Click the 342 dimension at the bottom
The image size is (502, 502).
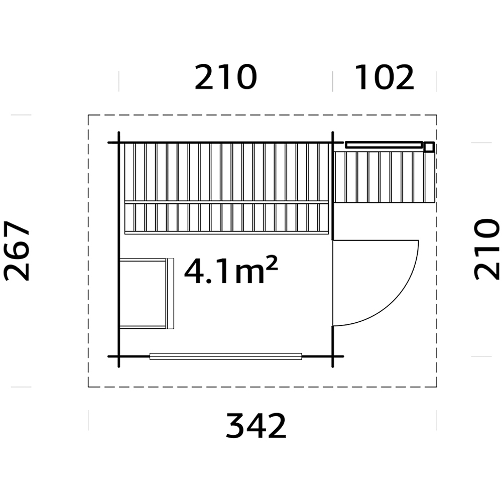click(256, 426)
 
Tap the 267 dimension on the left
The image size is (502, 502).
click(17, 250)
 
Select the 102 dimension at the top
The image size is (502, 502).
click(384, 77)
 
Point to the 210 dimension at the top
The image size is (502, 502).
click(226, 77)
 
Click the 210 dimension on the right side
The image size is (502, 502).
click(486, 249)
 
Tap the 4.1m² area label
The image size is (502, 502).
click(231, 270)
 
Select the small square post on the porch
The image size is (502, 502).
click(429, 147)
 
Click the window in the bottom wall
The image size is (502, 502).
click(226, 356)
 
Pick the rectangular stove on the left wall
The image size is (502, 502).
click(146, 294)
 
